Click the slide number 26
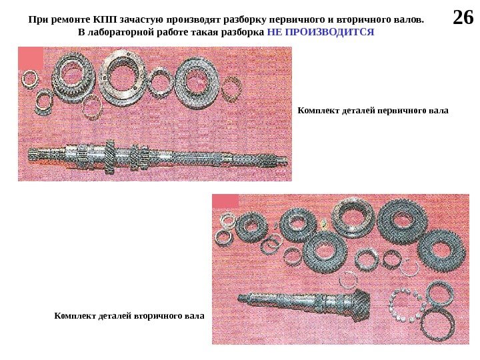coord(463,17)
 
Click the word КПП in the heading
coord(105,19)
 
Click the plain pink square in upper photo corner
coord(31,58)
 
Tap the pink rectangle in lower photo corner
coord(225,201)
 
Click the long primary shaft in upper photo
coord(157,157)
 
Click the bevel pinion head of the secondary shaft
coord(361,305)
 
